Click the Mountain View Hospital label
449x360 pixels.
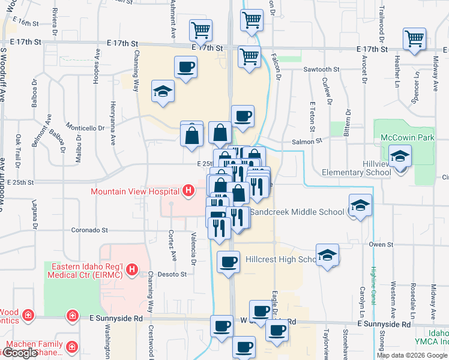[x=135, y=191]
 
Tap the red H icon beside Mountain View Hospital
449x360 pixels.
[x=188, y=191]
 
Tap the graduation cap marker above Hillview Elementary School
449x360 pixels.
[x=400, y=157]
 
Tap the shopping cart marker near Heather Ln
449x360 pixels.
[x=415, y=39]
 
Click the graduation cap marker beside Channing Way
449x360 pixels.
[x=162, y=92]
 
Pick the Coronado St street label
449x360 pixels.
[x=89, y=230]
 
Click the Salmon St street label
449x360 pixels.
[x=307, y=141]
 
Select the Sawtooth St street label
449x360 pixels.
[x=321, y=70]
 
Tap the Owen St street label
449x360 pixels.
[x=377, y=244]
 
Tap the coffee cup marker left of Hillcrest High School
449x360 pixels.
[x=228, y=262]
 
